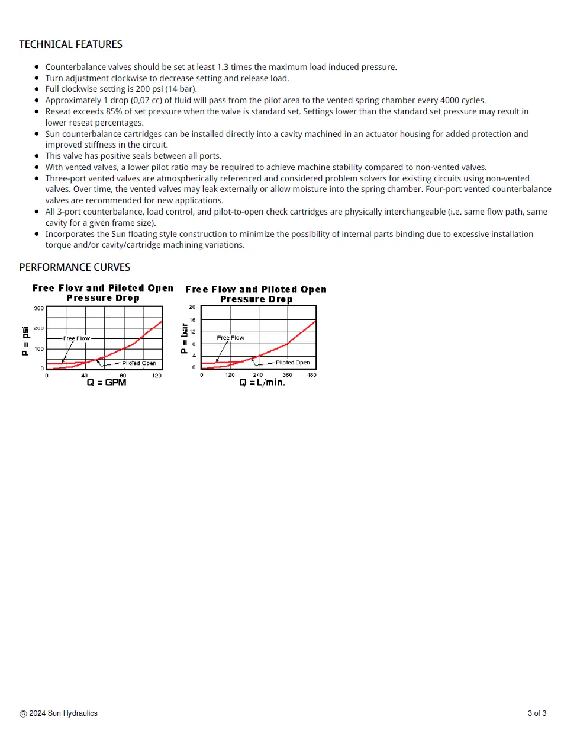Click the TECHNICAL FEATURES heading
point(70,44)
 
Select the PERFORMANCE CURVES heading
point(75,267)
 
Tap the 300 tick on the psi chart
point(38,308)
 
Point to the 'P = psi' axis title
point(25,341)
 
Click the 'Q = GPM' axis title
point(107,383)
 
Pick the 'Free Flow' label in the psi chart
point(76,338)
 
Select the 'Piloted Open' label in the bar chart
point(292,363)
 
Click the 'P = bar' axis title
point(184,339)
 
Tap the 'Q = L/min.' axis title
point(262,383)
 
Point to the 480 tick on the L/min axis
point(311,375)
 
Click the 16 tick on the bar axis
point(192,320)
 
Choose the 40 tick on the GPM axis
point(84,376)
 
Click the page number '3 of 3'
point(537,713)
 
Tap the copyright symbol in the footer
point(23,714)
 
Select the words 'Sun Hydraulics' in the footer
point(72,713)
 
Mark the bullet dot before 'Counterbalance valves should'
point(37,67)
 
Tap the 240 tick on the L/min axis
point(258,375)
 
